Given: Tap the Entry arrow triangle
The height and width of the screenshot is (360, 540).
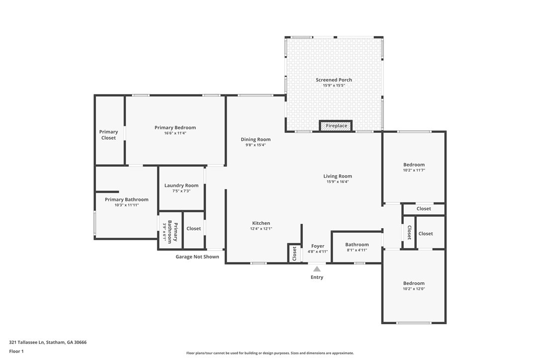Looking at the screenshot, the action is pyautogui.click(x=317, y=269).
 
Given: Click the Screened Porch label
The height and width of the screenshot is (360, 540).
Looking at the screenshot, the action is pyautogui.click(x=334, y=80).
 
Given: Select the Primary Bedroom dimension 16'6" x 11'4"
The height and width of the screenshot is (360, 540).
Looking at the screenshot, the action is pyautogui.click(x=175, y=133).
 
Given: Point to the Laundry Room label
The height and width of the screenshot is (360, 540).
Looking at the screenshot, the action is pyautogui.click(x=181, y=185).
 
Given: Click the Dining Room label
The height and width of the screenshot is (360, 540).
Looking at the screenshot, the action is pyautogui.click(x=256, y=139).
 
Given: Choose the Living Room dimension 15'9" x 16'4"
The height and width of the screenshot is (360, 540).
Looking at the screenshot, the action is pyautogui.click(x=338, y=181).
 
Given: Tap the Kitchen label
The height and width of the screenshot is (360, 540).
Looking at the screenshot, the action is pyautogui.click(x=261, y=223).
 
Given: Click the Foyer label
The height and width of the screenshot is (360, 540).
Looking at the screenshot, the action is pyautogui.click(x=318, y=246).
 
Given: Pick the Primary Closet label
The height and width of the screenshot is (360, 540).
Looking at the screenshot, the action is pyautogui.click(x=108, y=135).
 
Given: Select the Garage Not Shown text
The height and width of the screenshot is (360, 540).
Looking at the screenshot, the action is pyautogui.click(x=197, y=257).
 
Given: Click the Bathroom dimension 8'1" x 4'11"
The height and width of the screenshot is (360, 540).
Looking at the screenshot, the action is pyautogui.click(x=357, y=250).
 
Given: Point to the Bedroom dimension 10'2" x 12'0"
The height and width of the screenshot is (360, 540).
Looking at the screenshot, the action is pyautogui.click(x=414, y=289).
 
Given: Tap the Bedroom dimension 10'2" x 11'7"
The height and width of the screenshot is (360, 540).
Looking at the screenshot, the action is pyautogui.click(x=414, y=170).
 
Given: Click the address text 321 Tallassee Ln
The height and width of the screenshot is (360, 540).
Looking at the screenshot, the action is pyautogui.click(x=27, y=343).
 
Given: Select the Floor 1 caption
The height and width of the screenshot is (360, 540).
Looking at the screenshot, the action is pyautogui.click(x=16, y=352).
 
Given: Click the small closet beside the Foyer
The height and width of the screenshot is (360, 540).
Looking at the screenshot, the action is pyautogui.click(x=294, y=253).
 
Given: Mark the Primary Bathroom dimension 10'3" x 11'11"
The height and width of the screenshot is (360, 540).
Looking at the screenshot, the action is pyautogui.click(x=127, y=205).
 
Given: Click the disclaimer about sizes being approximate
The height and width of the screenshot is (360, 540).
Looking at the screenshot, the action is pyautogui.click(x=270, y=353).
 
